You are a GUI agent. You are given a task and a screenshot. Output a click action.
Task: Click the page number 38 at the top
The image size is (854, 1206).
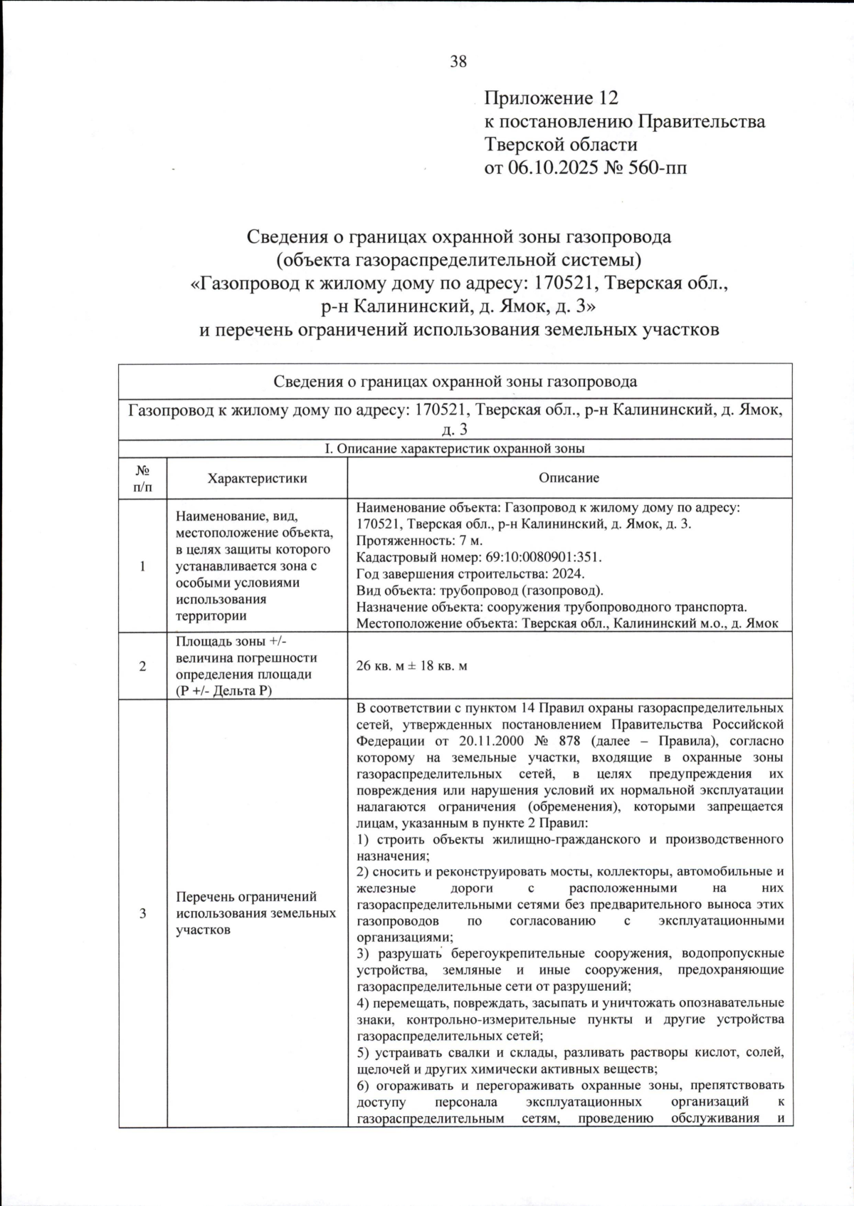pyautogui.click(x=458, y=62)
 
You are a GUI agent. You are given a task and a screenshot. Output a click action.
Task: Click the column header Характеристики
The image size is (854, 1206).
pyautogui.click(x=257, y=478)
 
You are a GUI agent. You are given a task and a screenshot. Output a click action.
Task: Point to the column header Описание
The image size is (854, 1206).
pyautogui.click(x=569, y=478)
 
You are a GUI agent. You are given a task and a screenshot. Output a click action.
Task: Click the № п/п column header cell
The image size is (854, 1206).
pyautogui.click(x=142, y=478)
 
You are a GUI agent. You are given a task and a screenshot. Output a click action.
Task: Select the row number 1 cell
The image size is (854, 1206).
pyautogui.click(x=142, y=566)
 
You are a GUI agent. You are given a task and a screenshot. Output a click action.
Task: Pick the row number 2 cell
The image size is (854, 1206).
pyautogui.click(x=142, y=666)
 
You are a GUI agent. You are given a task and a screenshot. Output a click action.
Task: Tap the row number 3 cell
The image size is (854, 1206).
pyautogui.click(x=142, y=913)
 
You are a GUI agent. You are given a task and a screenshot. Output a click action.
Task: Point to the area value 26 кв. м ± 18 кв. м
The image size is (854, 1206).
pyautogui.click(x=411, y=666)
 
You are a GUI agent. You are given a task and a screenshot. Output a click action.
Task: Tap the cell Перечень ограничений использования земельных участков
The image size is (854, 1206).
pyautogui.click(x=255, y=913)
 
